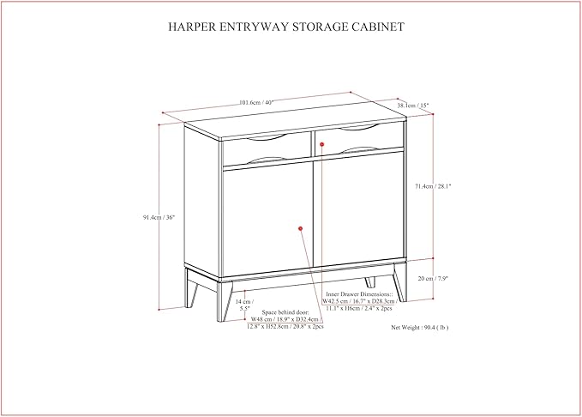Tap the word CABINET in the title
coord(373,27)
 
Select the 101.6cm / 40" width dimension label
coord(257,103)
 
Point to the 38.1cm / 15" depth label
coord(412,106)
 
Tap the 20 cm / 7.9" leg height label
coord(432,278)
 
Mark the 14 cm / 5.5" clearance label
coord(246,306)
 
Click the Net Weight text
coord(420,327)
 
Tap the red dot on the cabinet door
coord(301,228)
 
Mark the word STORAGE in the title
coord(318,27)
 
